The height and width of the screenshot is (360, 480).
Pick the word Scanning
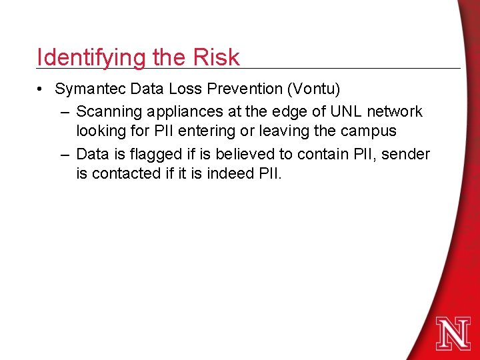tap(107, 111)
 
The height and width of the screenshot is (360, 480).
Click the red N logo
tap(453, 333)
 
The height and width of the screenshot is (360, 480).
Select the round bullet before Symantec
tap(41, 89)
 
